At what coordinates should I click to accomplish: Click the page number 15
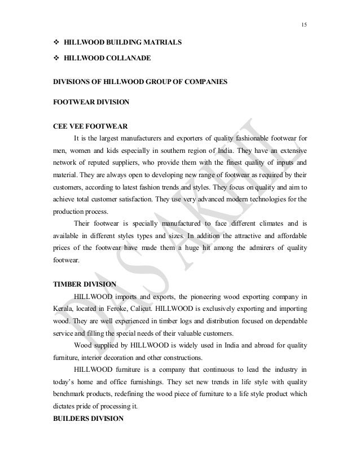pyautogui.click(x=304, y=24)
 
